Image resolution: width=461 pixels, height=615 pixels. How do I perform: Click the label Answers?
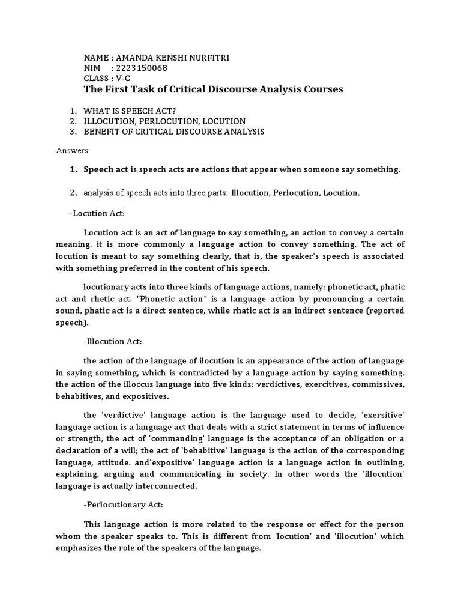pos(73,149)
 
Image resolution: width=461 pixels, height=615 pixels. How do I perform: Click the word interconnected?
pos(175,486)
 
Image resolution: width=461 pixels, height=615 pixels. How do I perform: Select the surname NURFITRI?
pos(207,57)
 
